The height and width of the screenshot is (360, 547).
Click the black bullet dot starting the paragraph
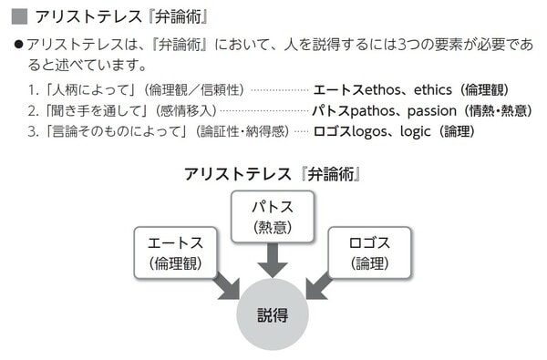(17, 45)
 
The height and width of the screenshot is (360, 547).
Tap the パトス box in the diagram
(271, 216)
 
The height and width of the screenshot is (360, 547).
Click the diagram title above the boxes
(271, 173)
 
